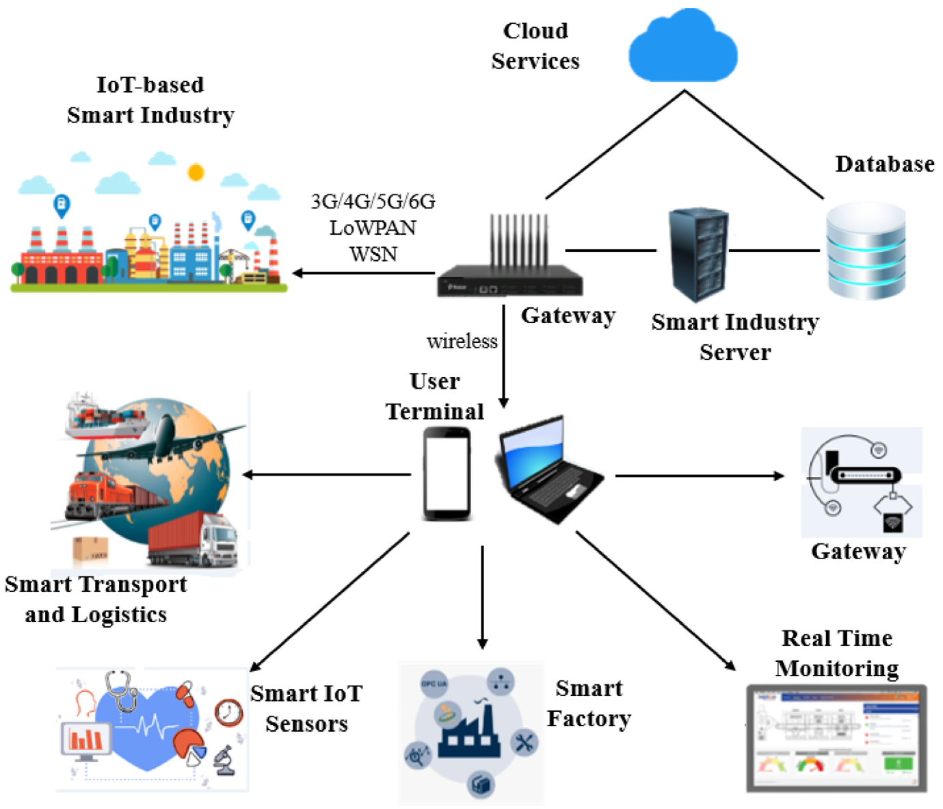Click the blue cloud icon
pos(682,48)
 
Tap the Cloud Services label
pos(535,46)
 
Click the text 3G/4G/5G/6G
pos(373,201)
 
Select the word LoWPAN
pos(373,227)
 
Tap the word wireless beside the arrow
pos(462,341)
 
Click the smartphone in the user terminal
pos(447,474)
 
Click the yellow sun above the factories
pos(196,172)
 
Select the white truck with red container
pos(194,541)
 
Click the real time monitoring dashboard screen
pos(836,737)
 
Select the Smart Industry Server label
pos(734,337)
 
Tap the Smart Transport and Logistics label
pos(96,599)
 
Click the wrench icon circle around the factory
pos(524,743)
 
